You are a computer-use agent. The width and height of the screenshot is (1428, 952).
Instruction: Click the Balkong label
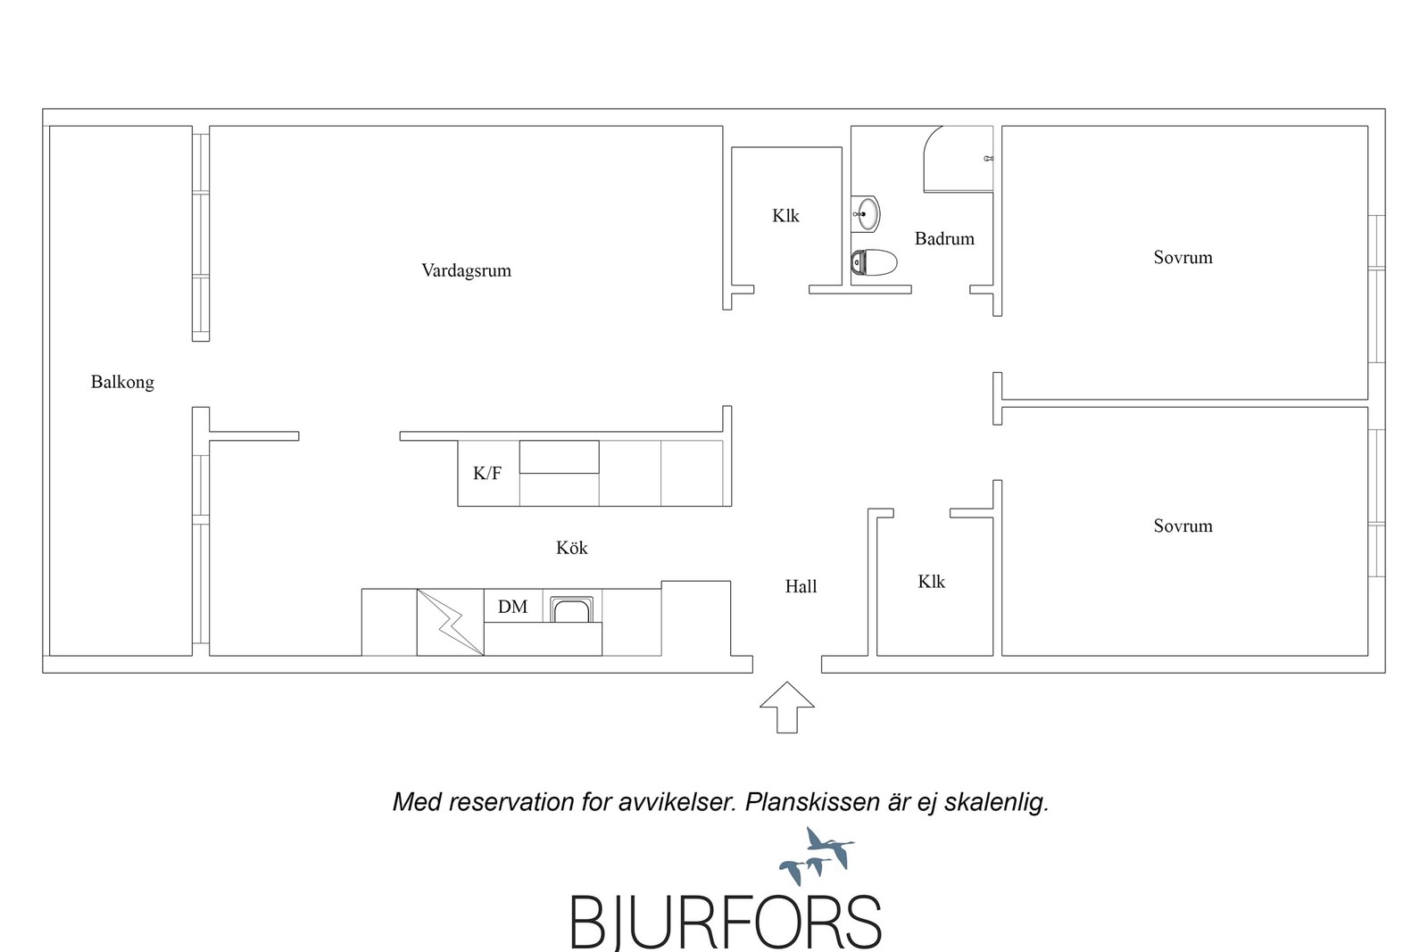point(122,383)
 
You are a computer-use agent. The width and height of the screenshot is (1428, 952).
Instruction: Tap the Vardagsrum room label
point(466,271)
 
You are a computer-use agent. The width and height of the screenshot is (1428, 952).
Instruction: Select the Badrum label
point(944,239)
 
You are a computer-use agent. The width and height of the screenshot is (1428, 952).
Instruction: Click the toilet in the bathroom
point(874,262)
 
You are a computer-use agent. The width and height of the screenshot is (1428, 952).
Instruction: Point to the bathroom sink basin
point(868,213)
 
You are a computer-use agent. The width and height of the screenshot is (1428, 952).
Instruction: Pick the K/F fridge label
point(487,474)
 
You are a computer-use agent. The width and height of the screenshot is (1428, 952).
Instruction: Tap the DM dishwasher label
point(512,607)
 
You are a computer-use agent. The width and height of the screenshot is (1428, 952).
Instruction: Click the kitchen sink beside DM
point(572,609)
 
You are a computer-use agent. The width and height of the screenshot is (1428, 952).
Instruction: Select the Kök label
point(572,548)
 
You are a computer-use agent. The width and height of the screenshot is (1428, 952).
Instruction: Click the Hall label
point(801,586)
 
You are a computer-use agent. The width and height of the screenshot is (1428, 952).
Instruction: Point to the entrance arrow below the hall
point(786,708)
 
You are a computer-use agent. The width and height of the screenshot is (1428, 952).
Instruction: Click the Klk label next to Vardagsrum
point(785,216)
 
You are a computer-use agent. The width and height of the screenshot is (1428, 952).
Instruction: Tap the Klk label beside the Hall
point(932,582)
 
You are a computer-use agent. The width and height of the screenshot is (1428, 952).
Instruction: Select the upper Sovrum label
point(1183,258)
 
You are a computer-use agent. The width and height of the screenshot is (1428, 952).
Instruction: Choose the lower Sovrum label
point(1183,526)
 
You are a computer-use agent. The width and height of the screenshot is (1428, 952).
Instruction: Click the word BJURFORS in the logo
point(726,922)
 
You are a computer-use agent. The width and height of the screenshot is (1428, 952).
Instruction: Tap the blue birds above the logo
point(817,856)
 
